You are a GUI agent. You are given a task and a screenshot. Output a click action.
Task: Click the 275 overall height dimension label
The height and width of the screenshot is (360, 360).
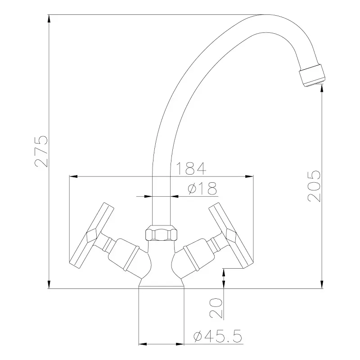coord(41,151)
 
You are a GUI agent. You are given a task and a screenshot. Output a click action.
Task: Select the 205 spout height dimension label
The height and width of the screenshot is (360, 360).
coord(314,186)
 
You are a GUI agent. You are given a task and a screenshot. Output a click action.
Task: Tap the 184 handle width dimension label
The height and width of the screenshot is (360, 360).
coord(191,168)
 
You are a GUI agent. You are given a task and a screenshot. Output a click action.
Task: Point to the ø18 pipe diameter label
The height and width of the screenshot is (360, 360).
coord(202,188)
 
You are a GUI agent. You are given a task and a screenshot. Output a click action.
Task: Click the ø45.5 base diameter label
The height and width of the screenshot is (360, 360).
coord(218,336)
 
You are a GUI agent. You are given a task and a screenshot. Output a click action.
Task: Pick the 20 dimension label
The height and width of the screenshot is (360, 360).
coord(216,308)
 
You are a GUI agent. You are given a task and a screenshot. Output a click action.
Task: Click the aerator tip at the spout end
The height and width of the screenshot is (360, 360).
coord(312,75)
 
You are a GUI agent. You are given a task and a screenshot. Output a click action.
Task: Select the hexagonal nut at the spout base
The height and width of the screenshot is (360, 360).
coord(162,233)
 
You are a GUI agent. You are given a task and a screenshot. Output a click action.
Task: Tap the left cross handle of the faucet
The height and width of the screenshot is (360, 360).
coord(91,236)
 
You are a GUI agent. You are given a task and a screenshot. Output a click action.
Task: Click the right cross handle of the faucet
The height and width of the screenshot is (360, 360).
coord(231,236)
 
